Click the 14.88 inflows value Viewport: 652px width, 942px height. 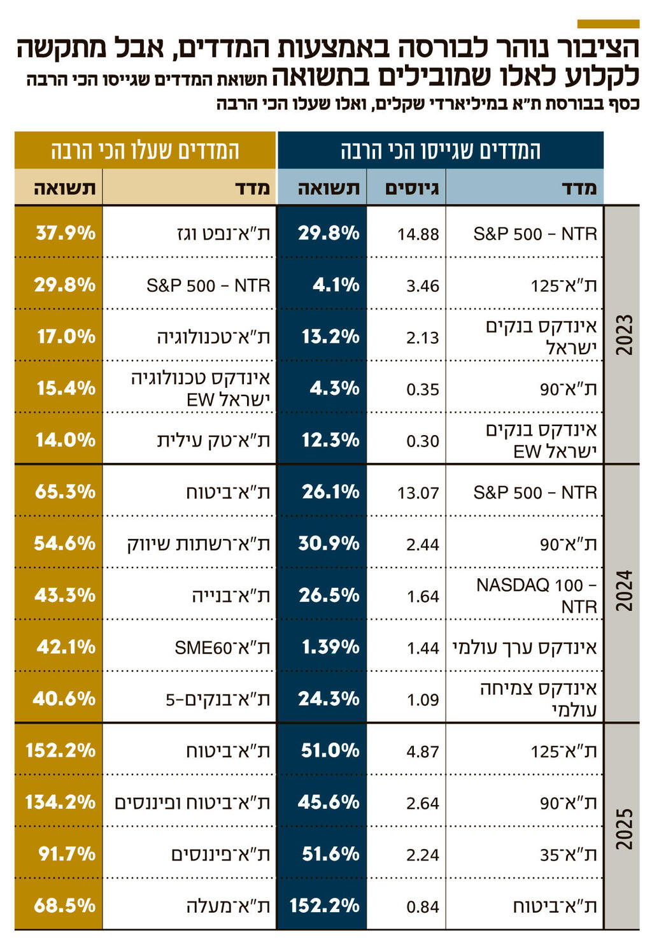[x=418, y=234]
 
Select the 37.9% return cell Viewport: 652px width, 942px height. [x=66, y=233]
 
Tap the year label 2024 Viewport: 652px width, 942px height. [x=624, y=591]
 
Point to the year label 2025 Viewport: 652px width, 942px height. [x=624, y=828]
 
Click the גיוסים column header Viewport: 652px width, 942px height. [x=411, y=188]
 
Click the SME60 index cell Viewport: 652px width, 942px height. [x=222, y=648]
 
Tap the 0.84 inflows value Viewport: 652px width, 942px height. [x=422, y=906]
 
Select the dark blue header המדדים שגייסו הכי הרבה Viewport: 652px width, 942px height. [x=440, y=151]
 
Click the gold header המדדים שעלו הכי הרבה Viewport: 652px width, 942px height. [x=145, y=151]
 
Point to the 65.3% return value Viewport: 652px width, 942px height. [x=65, y=492]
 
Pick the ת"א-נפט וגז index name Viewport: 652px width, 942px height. [x=223, y=234]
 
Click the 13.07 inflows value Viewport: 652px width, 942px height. [x=418, y=492]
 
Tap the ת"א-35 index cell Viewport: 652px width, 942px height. [x=568, y=855]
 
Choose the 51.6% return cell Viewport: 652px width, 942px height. [x=330, y=854]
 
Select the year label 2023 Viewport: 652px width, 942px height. [x=624, y=335]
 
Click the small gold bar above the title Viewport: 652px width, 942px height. [x=607, y=24]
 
